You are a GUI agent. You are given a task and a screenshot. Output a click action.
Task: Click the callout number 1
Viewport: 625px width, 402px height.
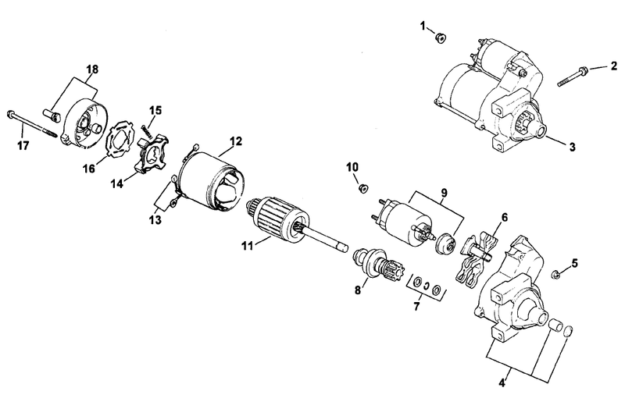(x=423, y=26)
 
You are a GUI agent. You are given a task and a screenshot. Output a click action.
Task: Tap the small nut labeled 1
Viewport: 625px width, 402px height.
(x=441, y=38)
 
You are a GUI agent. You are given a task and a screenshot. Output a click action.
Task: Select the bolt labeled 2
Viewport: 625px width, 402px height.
(x=573, y=76)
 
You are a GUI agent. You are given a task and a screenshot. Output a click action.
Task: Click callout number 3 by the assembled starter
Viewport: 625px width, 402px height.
(x=573, y=147)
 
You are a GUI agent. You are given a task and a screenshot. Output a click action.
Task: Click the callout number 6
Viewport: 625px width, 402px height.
(x=505, y=218)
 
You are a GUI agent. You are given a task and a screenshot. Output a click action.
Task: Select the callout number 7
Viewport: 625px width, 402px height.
(x=417, y=307)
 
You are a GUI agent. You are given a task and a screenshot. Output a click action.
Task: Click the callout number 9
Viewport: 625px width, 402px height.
(x=444, y=193)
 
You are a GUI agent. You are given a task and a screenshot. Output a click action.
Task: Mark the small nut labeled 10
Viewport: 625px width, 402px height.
(x=363, y=188)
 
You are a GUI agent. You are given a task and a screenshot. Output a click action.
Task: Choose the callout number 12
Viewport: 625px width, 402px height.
(x=236, y=141)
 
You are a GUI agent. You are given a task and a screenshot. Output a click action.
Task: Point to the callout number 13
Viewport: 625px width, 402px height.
(x=155, y=219)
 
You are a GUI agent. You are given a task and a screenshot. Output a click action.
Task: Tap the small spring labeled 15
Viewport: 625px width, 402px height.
(x=146, y=131)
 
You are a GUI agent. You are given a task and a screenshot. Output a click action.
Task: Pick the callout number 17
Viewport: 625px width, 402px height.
(x=23, y=146)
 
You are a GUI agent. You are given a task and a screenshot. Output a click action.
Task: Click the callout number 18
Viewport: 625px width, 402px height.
(x=92, y=69)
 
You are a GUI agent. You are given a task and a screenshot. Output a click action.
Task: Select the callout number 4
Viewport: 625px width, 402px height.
(x=502, y=383)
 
